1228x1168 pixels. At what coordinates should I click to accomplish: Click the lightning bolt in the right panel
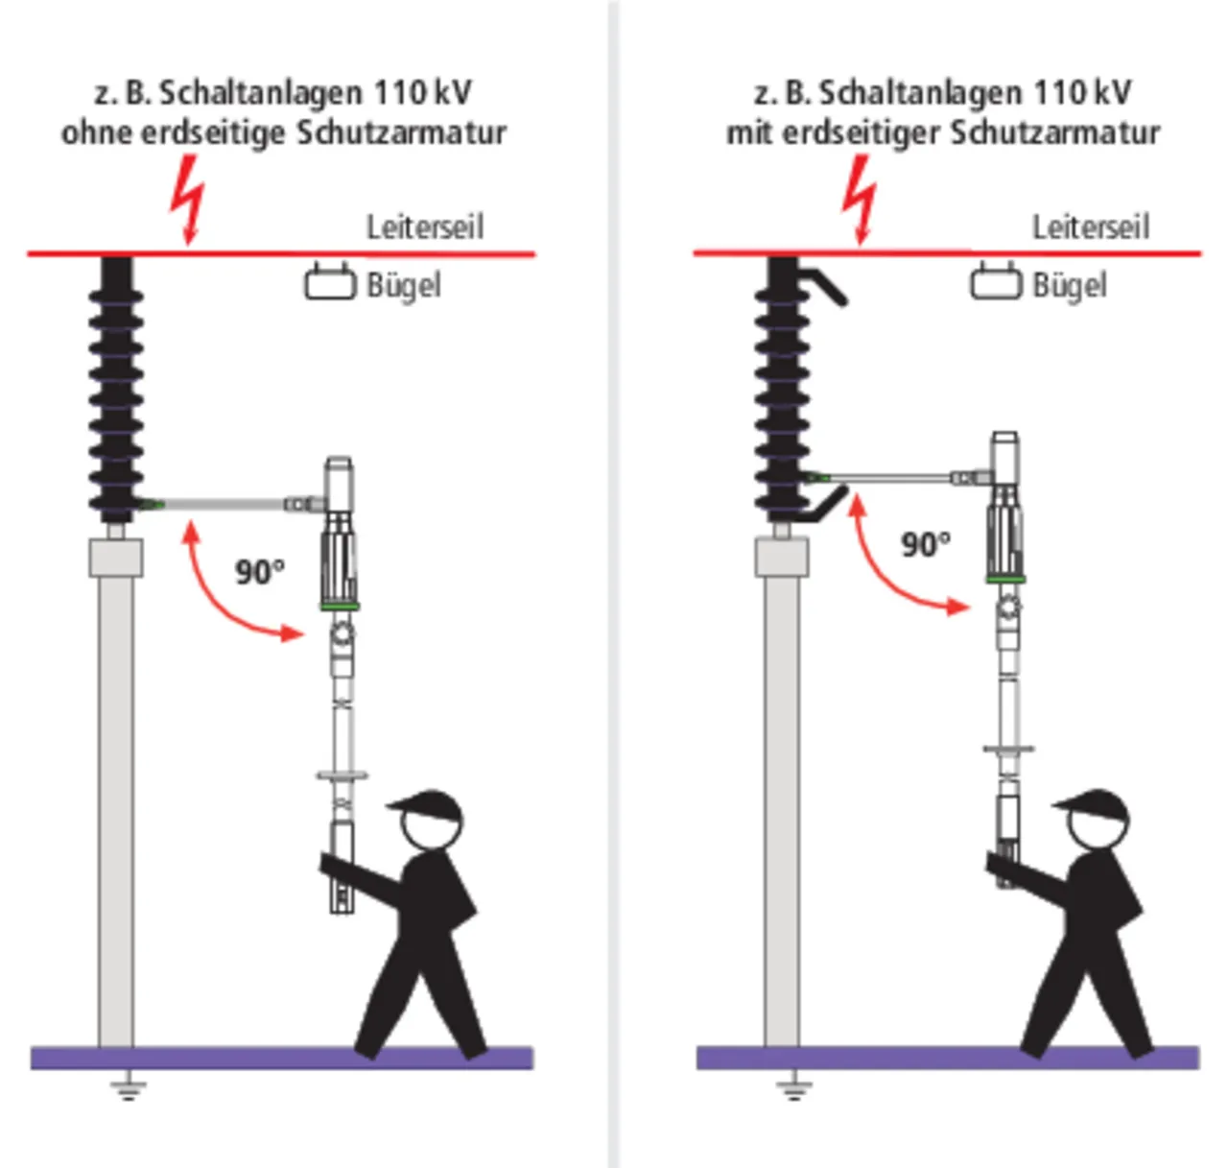(x=860, y=199)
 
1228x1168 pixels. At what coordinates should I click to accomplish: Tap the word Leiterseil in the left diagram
(x=425, y=227)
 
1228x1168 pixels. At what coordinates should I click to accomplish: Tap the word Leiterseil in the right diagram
(x=1090, y=227)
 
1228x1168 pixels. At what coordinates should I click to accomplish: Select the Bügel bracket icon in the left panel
(x=330, y=282)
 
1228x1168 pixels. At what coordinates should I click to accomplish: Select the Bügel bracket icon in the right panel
(x=996, y=282)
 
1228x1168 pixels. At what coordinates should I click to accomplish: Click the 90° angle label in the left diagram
(x=260, y=572)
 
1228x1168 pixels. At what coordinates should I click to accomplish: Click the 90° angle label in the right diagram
(x=925, y=544)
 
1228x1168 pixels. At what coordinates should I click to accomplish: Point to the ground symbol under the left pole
(x=126, y=1088)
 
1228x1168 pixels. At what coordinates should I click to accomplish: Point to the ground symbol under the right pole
(x=792, y=1088)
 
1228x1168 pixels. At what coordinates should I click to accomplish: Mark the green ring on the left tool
(x=340, y=606)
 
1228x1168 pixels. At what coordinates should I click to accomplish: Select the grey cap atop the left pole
(x=116, y=558)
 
